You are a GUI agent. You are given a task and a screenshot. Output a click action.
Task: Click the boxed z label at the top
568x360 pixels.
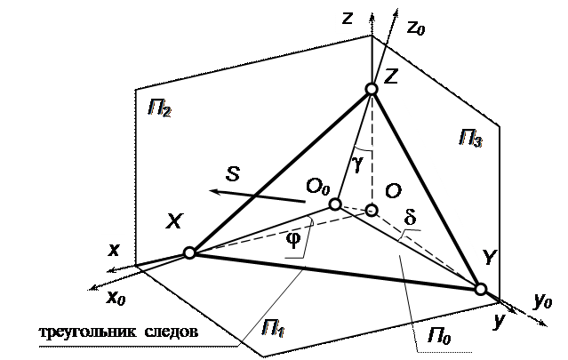(348, 17)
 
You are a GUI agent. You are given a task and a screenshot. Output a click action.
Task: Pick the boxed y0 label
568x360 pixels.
(542, 301)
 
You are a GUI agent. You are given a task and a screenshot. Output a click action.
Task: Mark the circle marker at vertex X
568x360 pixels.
(188, 253)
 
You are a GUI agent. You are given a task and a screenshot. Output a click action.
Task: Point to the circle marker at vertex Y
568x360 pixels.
(480, 289)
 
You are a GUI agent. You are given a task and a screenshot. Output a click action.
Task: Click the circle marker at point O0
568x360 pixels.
(335, 204)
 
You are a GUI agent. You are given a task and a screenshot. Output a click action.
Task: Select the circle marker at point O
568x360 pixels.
(372, 211)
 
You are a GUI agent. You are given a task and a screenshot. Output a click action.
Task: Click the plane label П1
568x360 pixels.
(273, 332)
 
